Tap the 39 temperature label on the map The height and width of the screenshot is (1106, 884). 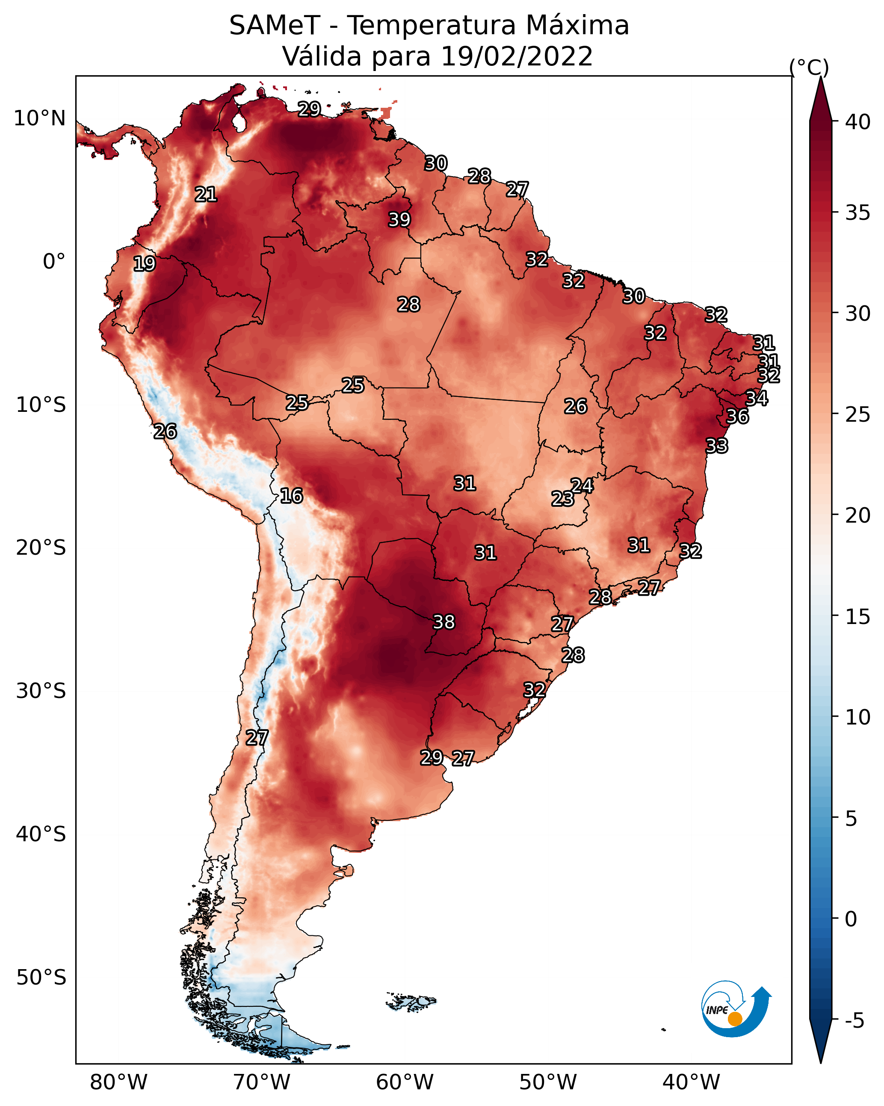pyautogui.click(x=399, y=219)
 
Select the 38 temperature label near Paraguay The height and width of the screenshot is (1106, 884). pyautogui.click(x=444, y=622)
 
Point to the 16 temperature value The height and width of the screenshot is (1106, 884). pyautogui.click(x=291, y=496)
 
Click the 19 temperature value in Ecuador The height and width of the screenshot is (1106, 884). pyautogui.click(x=144, y=264)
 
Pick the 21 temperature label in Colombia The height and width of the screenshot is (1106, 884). pyautogui.click(x=206, y=195)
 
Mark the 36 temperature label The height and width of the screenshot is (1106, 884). pyautogui.click(x=737, y=416)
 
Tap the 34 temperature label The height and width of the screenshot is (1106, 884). pyautogui.click(x=756, y=398)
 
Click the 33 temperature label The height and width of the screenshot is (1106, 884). pyautogui.click(x=716, y=446)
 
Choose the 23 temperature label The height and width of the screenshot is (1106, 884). pyautogui.click(x=562, y=499)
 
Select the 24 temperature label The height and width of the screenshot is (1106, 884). pyautogui.click(x=582, y=485)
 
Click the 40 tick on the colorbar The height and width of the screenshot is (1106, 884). pyautogui.click(x=858, y=122)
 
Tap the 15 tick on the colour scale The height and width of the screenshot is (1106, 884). pyautogui.click(x=858, y=617)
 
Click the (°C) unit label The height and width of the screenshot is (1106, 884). pyautogui.click(x=809, y=67)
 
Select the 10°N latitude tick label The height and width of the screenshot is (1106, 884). pyautogui.click(x=39, y=118)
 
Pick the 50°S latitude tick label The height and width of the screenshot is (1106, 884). pyautogui.click(x=41, y=978)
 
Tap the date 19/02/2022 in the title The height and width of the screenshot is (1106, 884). pyautogui.click(x=517, y=56)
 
